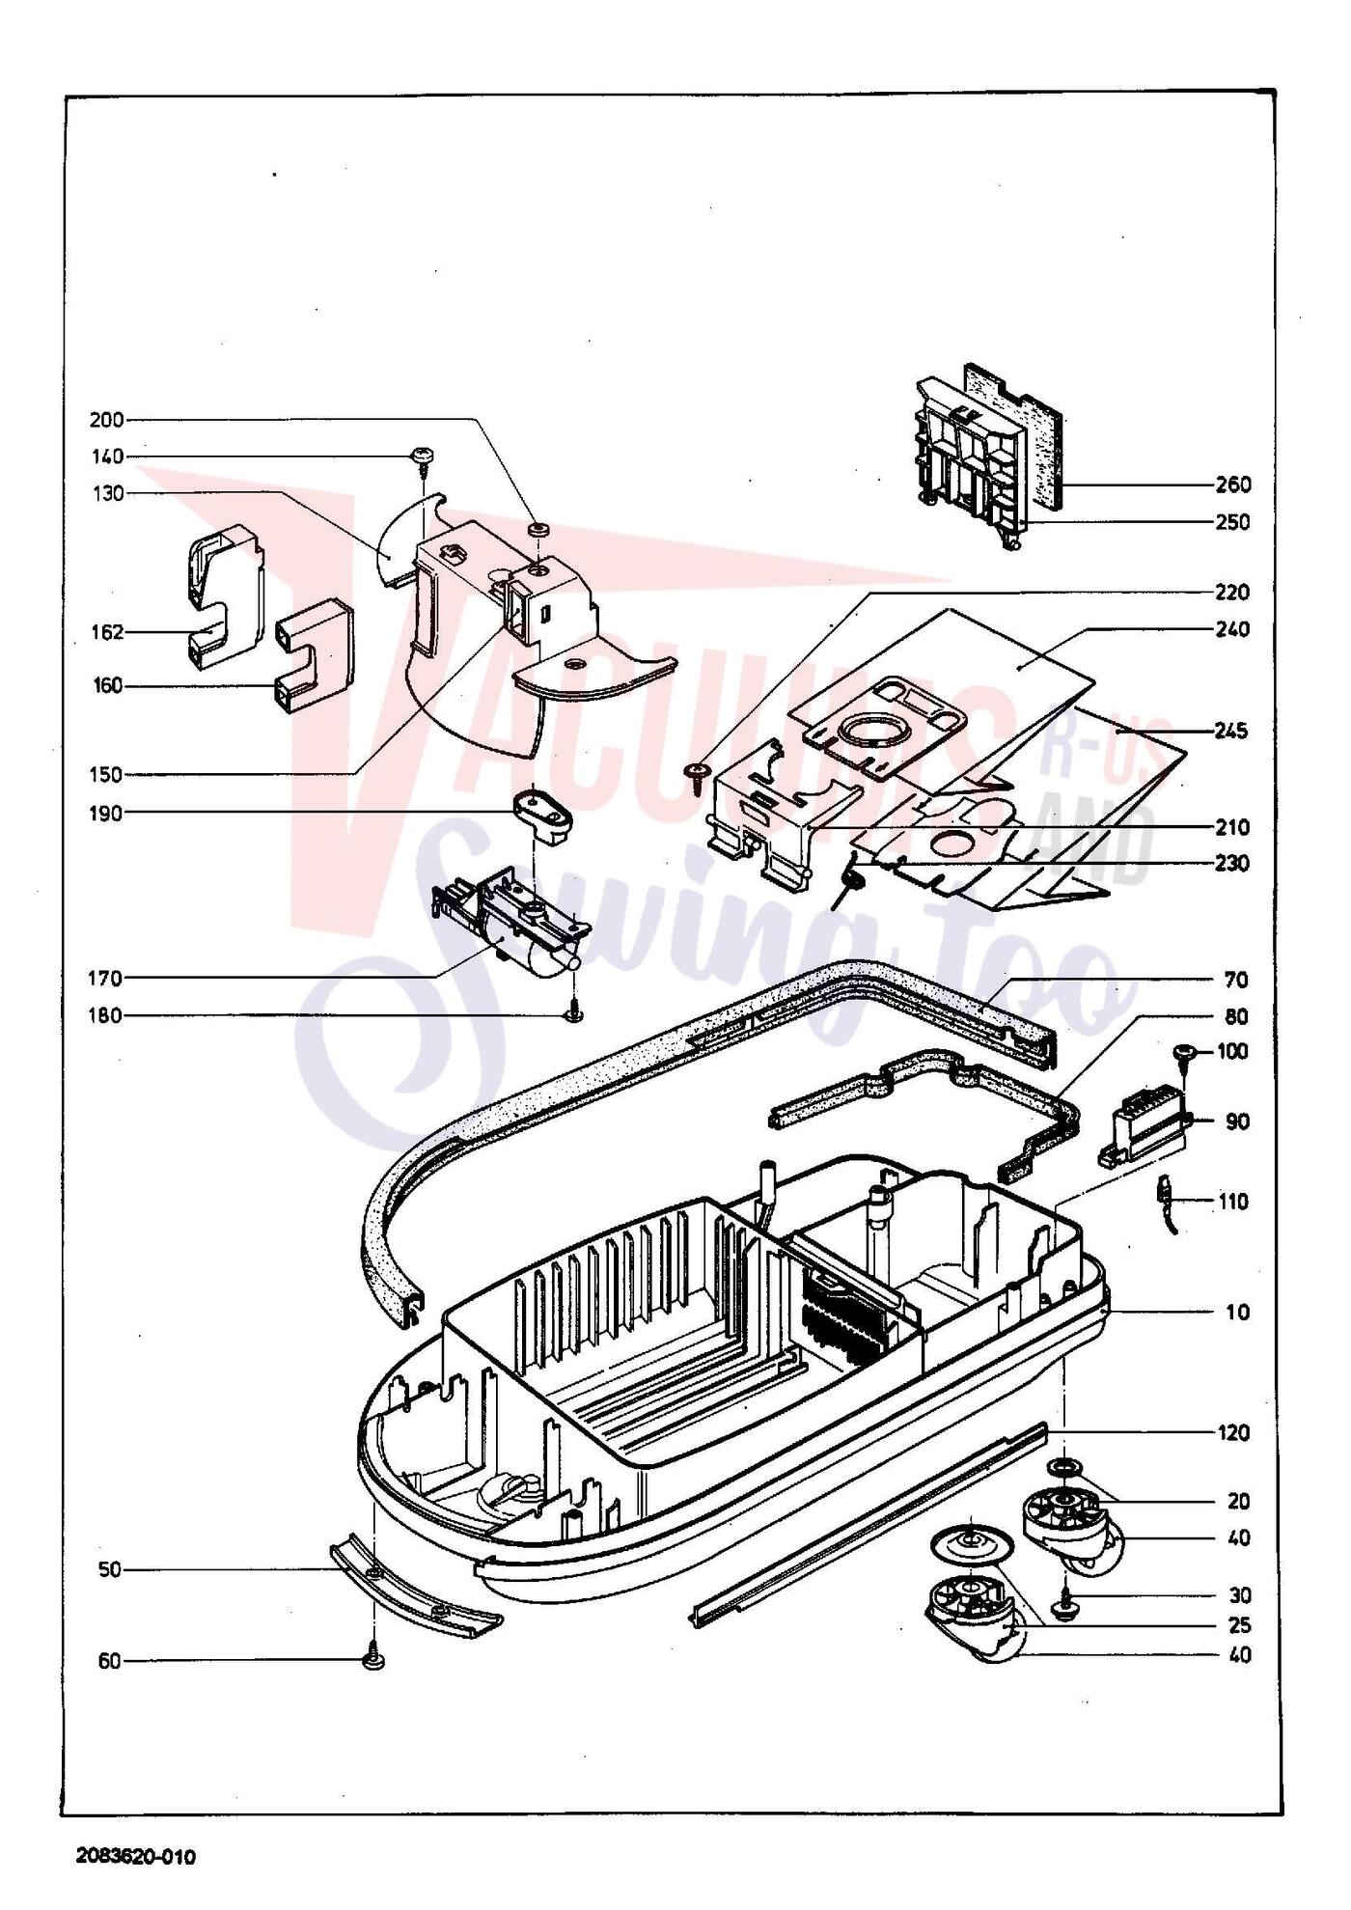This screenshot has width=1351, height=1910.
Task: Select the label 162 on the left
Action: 107,632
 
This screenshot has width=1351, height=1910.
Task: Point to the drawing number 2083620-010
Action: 136,1857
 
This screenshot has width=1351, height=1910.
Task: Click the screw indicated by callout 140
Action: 423,457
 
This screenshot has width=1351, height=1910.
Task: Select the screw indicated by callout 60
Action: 373,1659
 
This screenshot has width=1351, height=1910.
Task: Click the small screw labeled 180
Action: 575,1014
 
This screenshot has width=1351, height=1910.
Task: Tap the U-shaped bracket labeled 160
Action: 315,656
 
